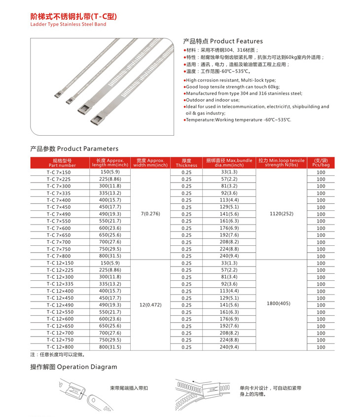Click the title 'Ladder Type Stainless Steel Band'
pos(68,24)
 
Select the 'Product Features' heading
pos(222,41)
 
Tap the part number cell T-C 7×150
pos(59,172)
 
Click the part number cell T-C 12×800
pos(59,347)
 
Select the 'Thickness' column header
pos(186,163)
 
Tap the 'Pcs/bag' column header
pos(321,163)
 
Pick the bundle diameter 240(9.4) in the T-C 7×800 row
pos(229,256)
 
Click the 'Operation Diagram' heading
pos(74,367)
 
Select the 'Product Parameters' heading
pos(74,149)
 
